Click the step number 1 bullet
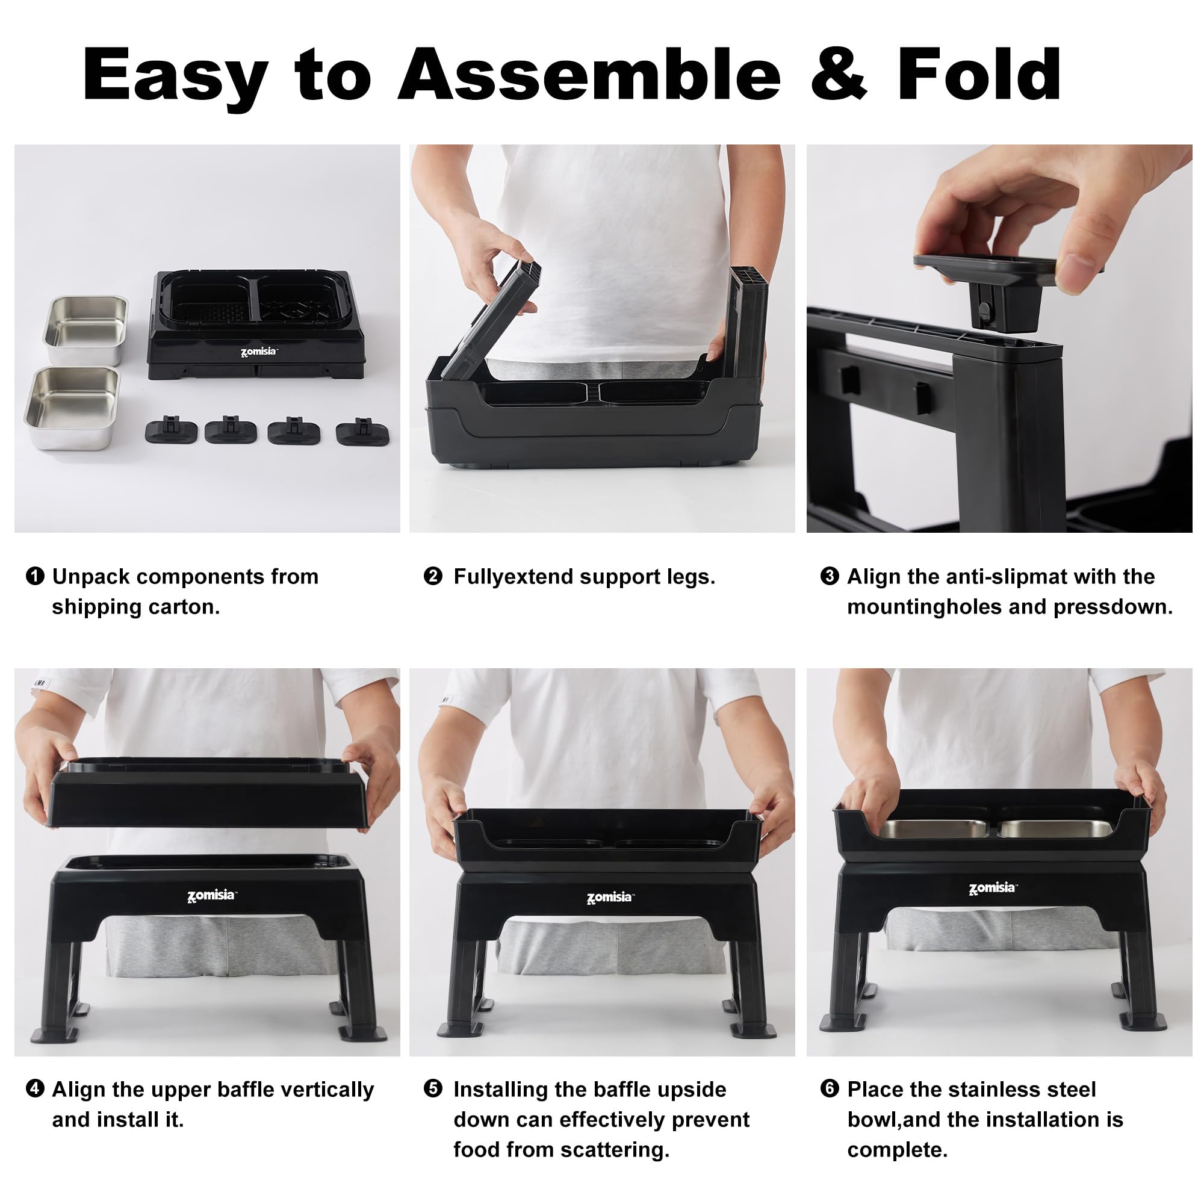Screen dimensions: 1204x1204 point(35,576)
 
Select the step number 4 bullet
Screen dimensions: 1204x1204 point(35,1088)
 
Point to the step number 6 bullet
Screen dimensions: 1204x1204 point(830,1088)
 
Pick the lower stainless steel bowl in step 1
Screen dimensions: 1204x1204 point(72,407)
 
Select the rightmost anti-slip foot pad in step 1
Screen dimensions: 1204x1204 point(365,432)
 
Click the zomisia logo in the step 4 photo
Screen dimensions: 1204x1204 point(212,896)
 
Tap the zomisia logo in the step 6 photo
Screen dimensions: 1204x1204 point(992,887)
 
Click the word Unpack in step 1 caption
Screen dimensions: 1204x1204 point(91,577)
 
